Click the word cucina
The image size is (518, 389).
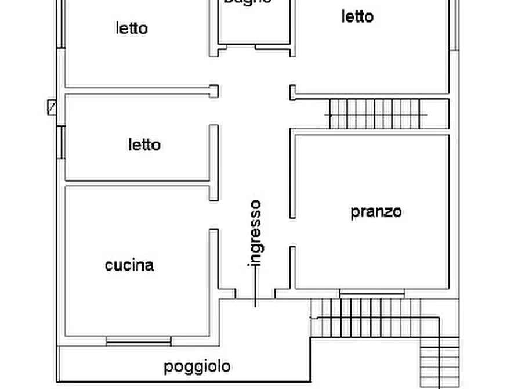(129, 265)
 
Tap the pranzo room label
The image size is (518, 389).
(376, 211)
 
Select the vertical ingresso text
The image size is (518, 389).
(255, 232)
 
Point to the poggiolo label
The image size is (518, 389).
(197, 367)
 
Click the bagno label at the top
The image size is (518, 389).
(248, 2)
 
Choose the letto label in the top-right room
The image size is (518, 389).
(357, 17)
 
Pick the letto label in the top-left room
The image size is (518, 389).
(132, 28)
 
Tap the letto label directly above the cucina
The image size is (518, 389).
(144, 144)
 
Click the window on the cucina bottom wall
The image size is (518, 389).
(139, 341)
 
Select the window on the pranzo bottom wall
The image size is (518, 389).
(371, 295)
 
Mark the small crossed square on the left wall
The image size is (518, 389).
(52, 107)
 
